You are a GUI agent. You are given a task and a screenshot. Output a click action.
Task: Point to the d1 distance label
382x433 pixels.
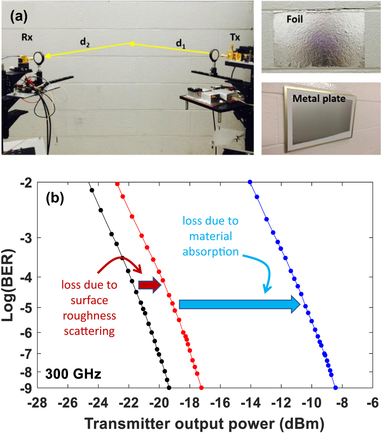click(181, 44)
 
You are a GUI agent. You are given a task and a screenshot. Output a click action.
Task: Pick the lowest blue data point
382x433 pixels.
click(335, 388)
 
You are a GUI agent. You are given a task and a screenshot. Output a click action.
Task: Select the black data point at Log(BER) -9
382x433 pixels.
click(169, 388)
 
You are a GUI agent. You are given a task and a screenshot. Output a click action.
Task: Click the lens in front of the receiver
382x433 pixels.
click(39, 58)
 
